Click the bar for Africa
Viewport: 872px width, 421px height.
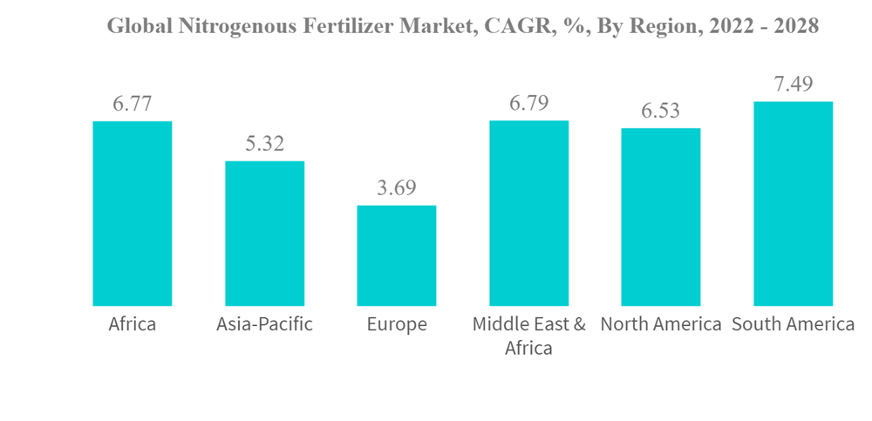pyautogui.click(x=133, y=214)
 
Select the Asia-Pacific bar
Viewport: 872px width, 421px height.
pyautogui.click(x=265, y=234)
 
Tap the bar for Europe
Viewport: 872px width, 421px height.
pyautogui.click(x=397, y=255)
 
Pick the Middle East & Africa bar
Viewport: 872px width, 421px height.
pyautogui.click(x=529, y=214)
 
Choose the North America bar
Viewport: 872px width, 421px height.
pyautogui.click(x=661, y=217)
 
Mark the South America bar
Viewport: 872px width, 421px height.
pyautogui.click(x=794, y=204)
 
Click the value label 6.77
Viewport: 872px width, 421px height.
pyautogui.click(x=133, y=104)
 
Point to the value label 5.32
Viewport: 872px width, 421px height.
pyautogui.click(x=265, y=144)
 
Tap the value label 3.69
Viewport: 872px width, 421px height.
pyautogui.click(x=397, y=188)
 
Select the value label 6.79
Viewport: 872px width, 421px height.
pyautogui.click(x=529, y=104)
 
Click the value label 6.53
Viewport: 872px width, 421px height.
pyautogui.click(x=661, y=112)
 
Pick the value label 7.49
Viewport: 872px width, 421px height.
pyautogui.click(x=794, y=85)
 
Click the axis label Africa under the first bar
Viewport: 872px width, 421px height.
pyautogui.click(x=133, y=325)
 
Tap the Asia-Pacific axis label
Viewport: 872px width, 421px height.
pyautogui.click(x=265, y=325)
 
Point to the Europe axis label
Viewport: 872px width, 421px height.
pyautogui.click(x=397, y=325)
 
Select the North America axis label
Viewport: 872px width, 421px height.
pyautogui.click(x=661, y=325)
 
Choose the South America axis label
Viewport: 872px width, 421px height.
pyautogui.click(x=794, y=325)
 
